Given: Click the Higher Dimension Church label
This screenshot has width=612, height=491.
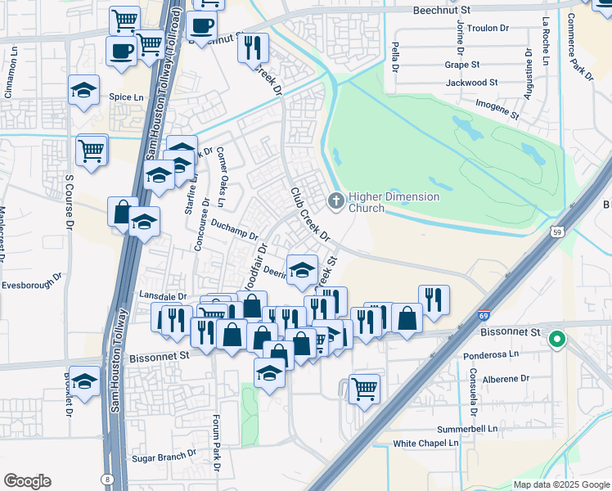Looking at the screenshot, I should [394, 202].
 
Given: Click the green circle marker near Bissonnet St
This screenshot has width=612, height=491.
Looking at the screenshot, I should [557, 338].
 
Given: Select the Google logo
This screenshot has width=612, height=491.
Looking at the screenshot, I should [27, 480].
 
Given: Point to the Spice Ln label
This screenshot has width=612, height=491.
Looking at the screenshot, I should [126, 97].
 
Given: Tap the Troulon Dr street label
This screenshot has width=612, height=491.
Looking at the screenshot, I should [488, 28].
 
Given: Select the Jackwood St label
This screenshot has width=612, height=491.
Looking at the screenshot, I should [471, 83].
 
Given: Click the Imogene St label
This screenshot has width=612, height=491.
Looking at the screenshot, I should [497, 110].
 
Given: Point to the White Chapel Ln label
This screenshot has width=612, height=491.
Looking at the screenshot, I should [425, 443].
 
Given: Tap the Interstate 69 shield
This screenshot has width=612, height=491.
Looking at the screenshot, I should [484, 314].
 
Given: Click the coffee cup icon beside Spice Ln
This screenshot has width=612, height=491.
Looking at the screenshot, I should [121, 52].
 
